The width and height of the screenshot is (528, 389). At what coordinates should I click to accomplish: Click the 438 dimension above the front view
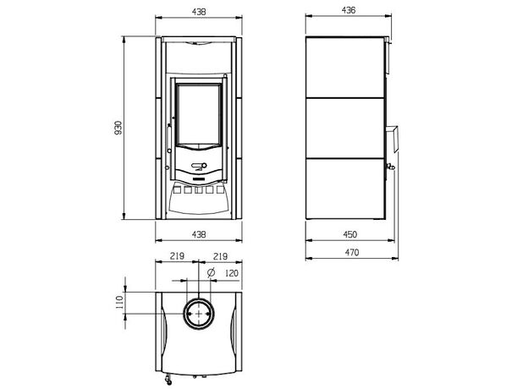click(x=199, y=12)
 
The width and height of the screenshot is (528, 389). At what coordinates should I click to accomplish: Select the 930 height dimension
click(x=118, y=128)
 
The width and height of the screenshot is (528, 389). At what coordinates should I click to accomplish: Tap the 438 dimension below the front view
click(x=199, y=234)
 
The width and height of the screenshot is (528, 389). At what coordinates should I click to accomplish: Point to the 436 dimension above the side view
click(x=349, y=10)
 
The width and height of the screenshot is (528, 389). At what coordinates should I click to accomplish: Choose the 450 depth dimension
click(x=349, y=234)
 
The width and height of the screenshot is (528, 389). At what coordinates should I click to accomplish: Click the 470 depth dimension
click(x=351, y=252)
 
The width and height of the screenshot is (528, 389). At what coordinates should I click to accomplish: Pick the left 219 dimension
click(x=177, y=256)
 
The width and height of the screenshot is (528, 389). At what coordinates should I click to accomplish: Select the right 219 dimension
click(x=220, y=257)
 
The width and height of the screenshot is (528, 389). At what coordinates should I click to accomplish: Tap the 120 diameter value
click(x=232, y=273)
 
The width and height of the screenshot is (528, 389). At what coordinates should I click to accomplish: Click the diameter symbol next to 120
click(x=212, y=272)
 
